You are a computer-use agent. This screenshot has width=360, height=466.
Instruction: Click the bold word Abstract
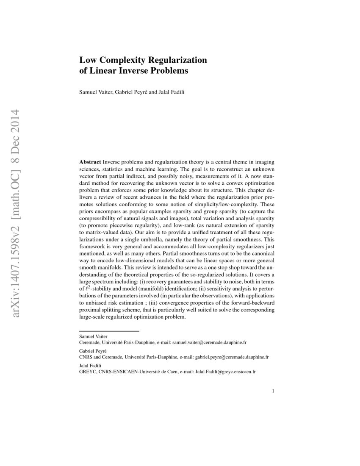pyautogui.click(x=90, y=162)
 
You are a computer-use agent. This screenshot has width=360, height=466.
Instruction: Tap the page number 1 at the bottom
pyautogui.click(x=274, y=391)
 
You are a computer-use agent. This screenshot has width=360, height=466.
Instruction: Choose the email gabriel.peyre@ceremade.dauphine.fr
pyautogui.click(x=232, y=357)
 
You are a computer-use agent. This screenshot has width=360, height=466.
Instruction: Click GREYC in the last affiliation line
pyautogui.click(x=88, y=372)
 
